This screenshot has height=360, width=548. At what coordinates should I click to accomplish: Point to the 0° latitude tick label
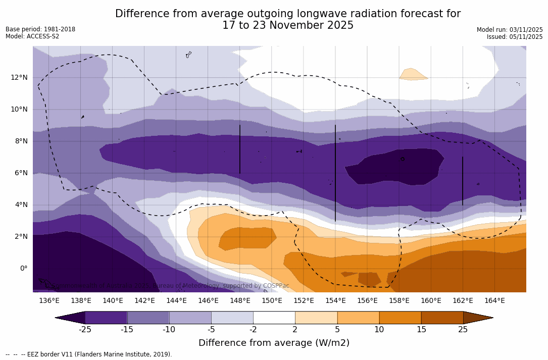coord(24,268)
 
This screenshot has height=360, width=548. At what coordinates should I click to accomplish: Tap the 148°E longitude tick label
coord(240,300)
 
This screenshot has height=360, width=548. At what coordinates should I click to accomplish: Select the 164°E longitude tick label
coord(494,300)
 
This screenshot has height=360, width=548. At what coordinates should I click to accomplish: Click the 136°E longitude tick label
coord(49,300)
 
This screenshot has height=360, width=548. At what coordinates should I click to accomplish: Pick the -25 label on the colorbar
coord(85,330)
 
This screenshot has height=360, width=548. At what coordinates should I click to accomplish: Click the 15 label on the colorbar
coord(421,330)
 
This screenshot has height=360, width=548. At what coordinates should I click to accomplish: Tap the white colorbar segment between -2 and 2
coord(274,318)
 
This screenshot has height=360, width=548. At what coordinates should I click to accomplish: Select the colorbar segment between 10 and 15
coord(400,318)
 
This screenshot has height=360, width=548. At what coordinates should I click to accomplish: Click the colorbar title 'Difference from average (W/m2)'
coord(274,343)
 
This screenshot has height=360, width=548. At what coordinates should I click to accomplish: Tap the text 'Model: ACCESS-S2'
coord(32,36)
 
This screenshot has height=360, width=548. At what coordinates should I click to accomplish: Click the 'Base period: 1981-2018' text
coord(40,29)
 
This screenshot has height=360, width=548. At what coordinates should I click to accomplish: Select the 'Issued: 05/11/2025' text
coord(515,37)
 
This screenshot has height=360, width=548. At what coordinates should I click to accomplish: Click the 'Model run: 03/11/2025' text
coord(510,30)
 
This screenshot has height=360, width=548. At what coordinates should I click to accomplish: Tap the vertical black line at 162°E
coord(462,181)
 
